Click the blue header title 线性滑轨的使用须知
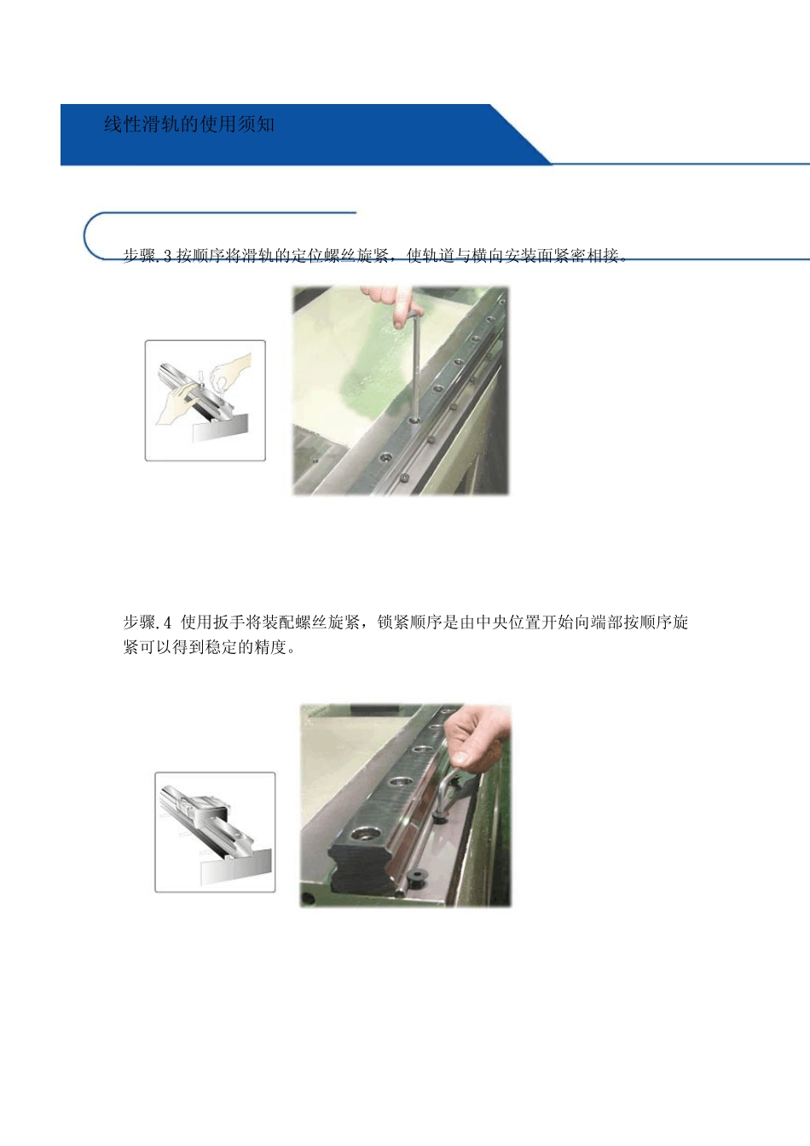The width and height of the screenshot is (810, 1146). [189, 124]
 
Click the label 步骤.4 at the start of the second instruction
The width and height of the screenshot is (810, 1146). [147, 622]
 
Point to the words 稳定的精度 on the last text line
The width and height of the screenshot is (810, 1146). [246, 647]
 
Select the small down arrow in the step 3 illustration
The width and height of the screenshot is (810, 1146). [200, 375]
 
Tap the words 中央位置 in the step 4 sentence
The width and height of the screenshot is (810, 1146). [508, 622]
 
